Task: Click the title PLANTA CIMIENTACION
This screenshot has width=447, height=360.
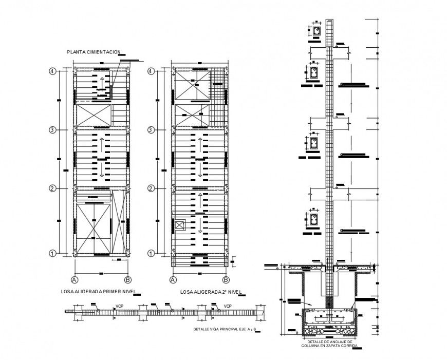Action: [94, 52]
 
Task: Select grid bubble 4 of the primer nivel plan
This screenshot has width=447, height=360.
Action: [52, 71]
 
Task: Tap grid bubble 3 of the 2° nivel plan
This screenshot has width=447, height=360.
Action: [151, 130]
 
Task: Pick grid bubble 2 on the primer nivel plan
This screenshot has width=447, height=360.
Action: [52, 188]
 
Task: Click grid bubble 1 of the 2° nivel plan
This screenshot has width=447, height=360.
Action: [151, 253]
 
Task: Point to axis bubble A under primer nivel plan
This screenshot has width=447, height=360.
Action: [75, 280]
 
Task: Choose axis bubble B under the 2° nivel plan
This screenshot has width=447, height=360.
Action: [226, 280]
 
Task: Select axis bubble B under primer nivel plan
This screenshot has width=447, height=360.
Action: [127, 280]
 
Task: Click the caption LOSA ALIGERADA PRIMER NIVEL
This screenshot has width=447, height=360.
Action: [97, 292]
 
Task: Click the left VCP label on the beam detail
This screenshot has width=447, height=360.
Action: [120, 306]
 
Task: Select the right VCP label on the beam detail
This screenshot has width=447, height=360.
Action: [227, 306]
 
